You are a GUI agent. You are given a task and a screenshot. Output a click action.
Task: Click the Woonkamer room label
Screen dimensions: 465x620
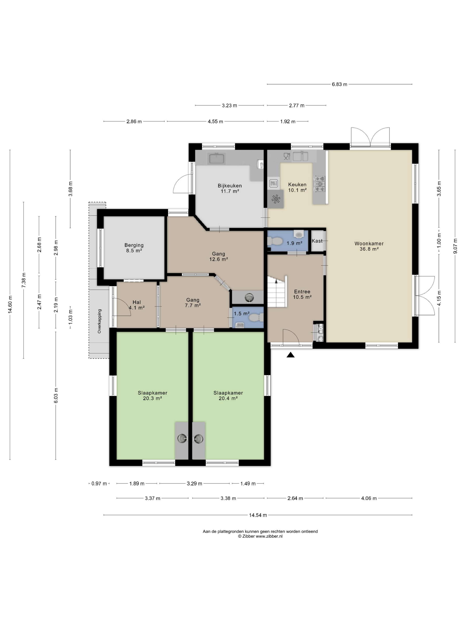pyautogui.click(x=369, y=244)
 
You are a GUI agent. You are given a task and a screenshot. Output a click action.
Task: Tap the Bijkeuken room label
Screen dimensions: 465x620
pyautogui.click(x=230, y=186)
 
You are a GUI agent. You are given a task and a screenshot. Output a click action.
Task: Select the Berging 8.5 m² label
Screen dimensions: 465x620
pyautogui.click(x=134, y=248)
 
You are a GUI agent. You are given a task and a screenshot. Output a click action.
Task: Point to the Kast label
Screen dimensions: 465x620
pyautogui.click(x=317, y=241)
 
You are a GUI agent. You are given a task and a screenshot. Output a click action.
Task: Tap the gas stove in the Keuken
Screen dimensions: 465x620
pyautogui.click(x=320, y=184)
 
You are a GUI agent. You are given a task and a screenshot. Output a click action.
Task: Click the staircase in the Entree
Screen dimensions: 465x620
pyautogui.click(x=277, y=291)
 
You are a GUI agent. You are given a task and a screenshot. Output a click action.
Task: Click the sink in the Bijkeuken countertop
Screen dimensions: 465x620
pyautogui.click(x=216, y=158)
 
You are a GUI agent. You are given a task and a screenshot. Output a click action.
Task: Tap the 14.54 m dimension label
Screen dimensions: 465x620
pyautogui.click(x=258, y=515)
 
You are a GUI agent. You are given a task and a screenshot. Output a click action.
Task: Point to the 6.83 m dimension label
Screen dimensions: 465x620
pyautogui.click(x=339, y=84)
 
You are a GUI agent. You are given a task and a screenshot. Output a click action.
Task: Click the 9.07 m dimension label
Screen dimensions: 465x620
pyautogui.click(x=455, y=246)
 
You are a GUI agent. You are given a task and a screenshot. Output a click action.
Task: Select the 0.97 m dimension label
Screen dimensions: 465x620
pyautogui.click(x=99, y=484)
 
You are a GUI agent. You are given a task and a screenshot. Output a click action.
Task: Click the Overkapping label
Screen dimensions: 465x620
pyautogui.click(x=99, y=321)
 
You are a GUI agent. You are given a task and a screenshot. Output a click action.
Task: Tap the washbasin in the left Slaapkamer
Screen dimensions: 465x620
pyautogui.click(x=182, y=438)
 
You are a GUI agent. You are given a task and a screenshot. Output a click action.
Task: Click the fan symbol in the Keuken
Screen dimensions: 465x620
pyautogui.click(x=276, y=199)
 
